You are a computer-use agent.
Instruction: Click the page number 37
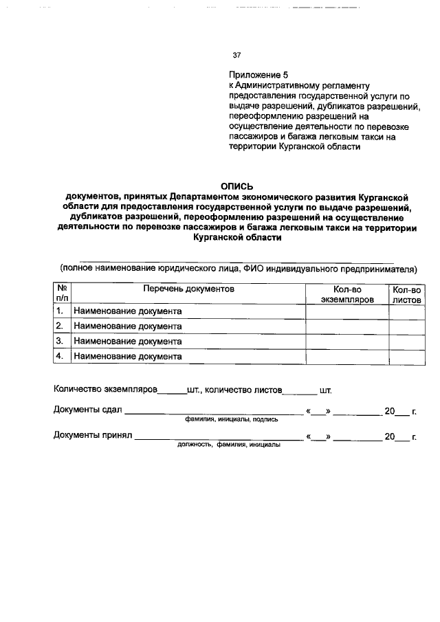pyautogui.click(x=237, y=55)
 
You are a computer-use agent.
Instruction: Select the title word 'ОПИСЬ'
pyautogui.click(x=237, y=186)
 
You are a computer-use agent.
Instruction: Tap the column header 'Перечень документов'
pyautogui.click(x=188, y=290)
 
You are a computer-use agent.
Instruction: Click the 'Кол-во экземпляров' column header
pyautogui.click(x=347, y=296)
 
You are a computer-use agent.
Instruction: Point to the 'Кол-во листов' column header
pyautogui.click(x=406, y=296)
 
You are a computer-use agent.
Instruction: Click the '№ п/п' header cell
pyautogui.click(x=61, y=295)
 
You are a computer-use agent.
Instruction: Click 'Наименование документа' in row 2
pyautogui.click(x=128, y=326)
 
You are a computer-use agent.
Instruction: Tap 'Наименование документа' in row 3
pyautogui.click(x=128, y=341)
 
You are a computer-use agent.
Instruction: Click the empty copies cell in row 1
pyautogui.click(x=347, y=311)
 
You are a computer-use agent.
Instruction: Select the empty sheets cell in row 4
pyautogui.click(x=406, y=356)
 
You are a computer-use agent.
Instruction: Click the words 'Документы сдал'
pyautogui.click(x=87, y=411)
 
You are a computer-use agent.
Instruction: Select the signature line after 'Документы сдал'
pyautogui.click(x=213, y=412)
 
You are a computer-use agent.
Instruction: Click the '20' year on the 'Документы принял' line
pyautogui.click(x=390, y=436)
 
